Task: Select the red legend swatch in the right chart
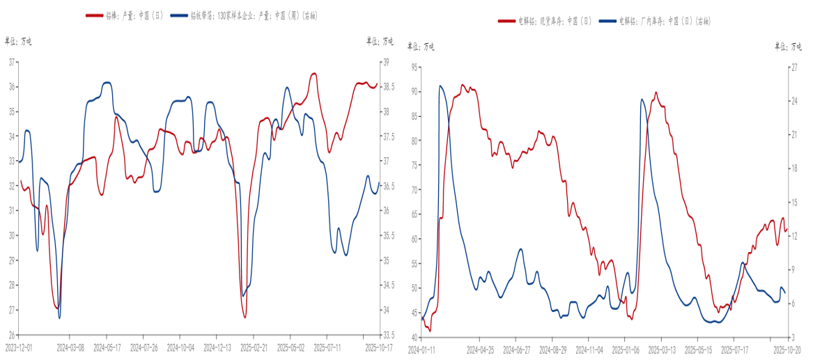506,22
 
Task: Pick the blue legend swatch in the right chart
608,22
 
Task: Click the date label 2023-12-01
19,345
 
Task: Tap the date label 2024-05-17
107,345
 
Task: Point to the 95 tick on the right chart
415,68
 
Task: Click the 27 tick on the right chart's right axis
793,68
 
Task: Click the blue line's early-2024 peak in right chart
440,86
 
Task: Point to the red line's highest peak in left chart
313,73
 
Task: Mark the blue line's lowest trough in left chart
59,318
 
